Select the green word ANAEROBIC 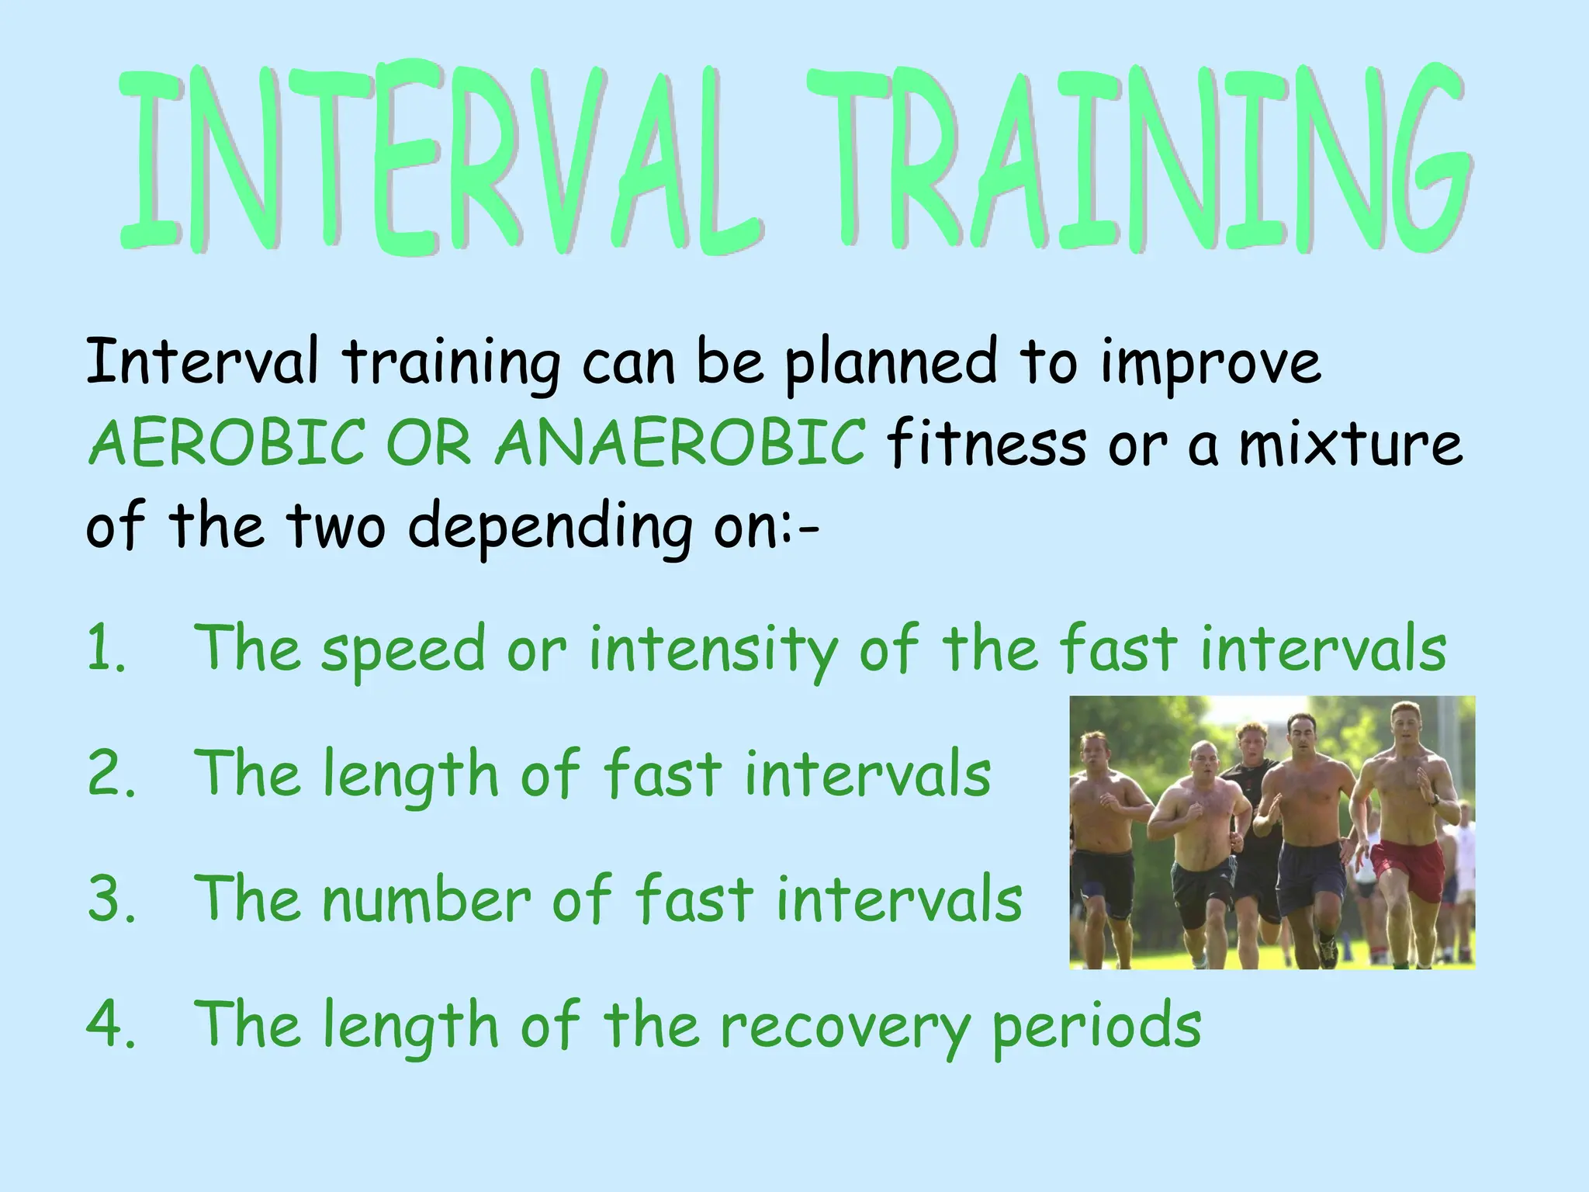[680, 442]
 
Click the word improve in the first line [1210, 363]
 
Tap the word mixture [1350, 444]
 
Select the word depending [549, 528]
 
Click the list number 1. [105, 649]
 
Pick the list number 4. [109, 1024]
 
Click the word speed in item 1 [403, 650]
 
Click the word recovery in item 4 [844, 1026]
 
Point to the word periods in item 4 [1096, 1026]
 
